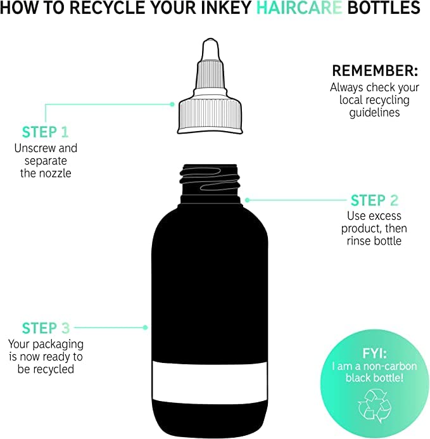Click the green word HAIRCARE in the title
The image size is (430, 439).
(x=299, y=8)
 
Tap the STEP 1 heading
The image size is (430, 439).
(x=46, y=132)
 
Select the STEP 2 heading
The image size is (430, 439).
(x=374, y=200)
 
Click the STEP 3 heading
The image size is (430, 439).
(x=46, y=328)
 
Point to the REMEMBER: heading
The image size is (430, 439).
(x=375, y=70)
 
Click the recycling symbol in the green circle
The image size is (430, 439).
(x=374, y=406)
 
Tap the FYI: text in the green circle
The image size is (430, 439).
(x=374, y=353)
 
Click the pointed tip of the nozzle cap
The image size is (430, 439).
(x=210, y=39)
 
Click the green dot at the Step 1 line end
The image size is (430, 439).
(x=172, y=105)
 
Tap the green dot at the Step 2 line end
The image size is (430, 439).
(x=247, y=200)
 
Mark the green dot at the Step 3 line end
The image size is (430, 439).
(x=145, y=328)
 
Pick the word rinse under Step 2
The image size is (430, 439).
(x=358, y=241)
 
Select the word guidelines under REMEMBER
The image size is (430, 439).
(x=374, y=113)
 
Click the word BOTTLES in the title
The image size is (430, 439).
(x=384, y=8)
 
